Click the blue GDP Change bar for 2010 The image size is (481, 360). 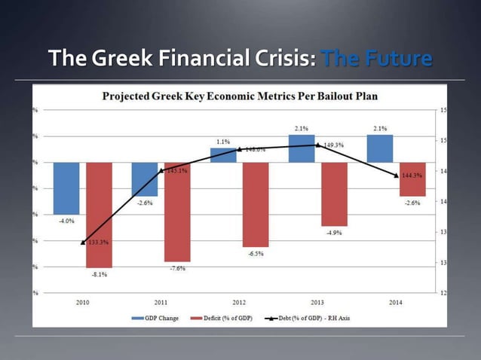pyautogui.click(x=66, y=188)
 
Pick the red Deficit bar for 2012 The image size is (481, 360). pyautogui.click(x=256, y=204)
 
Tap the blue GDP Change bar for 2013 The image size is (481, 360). pyautogui.click(x=302, y=148)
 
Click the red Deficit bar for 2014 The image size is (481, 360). pyautogui.click(x=412, y=179)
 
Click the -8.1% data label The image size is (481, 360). pyautogui.click(x=99, y=275)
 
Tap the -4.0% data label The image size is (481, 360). pyautogui.click(x=66, y=221)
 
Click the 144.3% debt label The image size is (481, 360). pyautogui.click(x=412, y=175)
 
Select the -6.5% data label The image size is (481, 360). pyautogui.click(x=256, y=254)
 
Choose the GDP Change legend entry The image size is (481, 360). pyautogui.click(x=157, y=318)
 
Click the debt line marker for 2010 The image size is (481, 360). pyautogui.click(x=82, y=242)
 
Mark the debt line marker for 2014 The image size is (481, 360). pyautogui.click(x=397, y=175)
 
